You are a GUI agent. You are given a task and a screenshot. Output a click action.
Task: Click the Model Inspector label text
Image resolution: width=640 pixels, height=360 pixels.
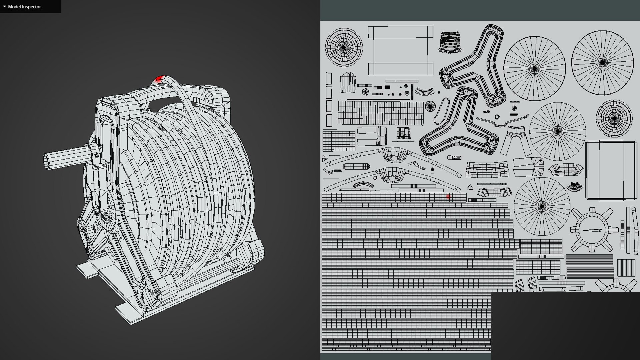click(24, 7)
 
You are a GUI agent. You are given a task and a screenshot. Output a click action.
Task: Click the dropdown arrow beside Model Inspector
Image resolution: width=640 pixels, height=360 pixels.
click(4, 6)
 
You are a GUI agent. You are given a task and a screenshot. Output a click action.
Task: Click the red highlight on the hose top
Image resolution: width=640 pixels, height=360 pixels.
click(159, 80)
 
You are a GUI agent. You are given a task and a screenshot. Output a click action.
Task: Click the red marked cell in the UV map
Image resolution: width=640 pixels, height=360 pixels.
click(448, 197)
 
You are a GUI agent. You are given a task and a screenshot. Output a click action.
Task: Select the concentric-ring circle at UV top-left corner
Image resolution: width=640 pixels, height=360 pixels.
click(344, 47)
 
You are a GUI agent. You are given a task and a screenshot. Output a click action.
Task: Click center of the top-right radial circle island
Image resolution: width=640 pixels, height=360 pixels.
click(602, 63)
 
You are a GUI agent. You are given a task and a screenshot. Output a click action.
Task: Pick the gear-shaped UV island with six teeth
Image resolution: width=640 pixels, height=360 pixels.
click(592, 230)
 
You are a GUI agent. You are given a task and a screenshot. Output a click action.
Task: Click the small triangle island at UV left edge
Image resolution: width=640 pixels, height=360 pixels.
click(324, 158)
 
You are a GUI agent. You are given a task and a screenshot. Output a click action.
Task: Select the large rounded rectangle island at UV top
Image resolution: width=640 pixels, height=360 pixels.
click(400, 50)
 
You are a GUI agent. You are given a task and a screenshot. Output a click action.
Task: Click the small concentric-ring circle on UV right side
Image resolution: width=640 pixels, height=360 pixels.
click(614, 118)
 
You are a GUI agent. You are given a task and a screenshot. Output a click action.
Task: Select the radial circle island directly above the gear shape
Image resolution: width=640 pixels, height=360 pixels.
click(542, 206)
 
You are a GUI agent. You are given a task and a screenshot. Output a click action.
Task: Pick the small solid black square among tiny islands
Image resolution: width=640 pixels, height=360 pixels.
click(387, 87)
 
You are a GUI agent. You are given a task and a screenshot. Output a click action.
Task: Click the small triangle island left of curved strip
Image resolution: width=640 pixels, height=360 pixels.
click(470, 187)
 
